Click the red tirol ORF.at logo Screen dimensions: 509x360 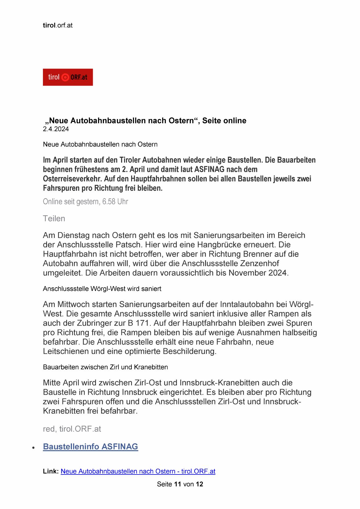(x=68, y=77)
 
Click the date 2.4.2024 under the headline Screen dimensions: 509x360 (x=56, y=129)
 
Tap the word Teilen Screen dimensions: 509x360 (x=54, y=219)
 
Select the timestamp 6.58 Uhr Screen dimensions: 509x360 (x=115, y=202)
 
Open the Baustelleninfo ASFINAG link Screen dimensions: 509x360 (x=91, y=447)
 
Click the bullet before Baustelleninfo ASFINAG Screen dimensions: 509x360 (x=34, y=448)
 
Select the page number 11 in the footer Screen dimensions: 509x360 (x=178, y=484)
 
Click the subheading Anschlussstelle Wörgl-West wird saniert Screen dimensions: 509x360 (x=102, y=289)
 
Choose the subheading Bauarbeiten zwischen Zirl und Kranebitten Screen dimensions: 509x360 (x=105, y=367)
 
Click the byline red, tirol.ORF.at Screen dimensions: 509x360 (x=72, y=429)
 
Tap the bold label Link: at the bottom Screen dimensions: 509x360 (x=51, y=471)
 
